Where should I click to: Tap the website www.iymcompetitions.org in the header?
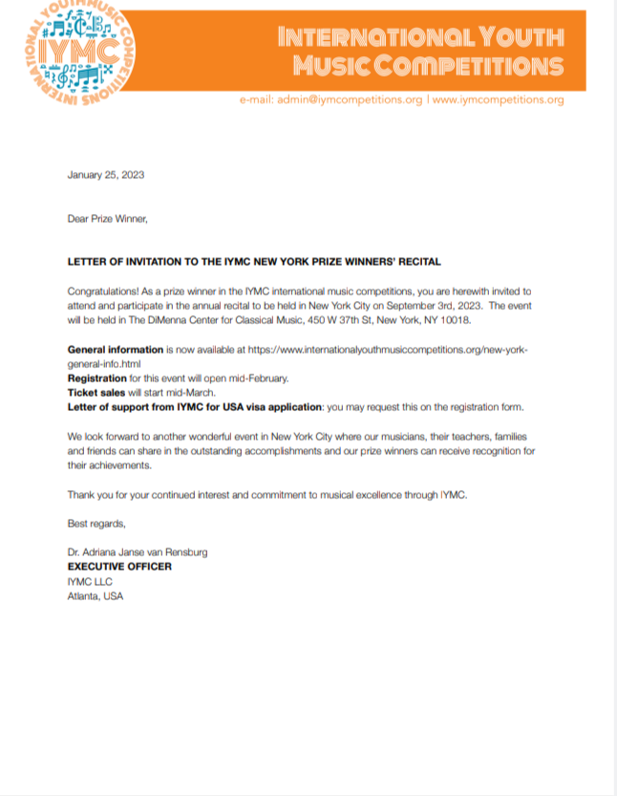click(x=498, y=99)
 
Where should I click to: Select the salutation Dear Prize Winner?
click(x=107, y=218)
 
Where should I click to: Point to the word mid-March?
click(x=196, y=393)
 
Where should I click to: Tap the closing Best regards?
click(x=96, y=523)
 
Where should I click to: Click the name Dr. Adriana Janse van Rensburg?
click(x=137, y=552)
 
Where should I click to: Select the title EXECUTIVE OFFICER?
click(x=119, y=567)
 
